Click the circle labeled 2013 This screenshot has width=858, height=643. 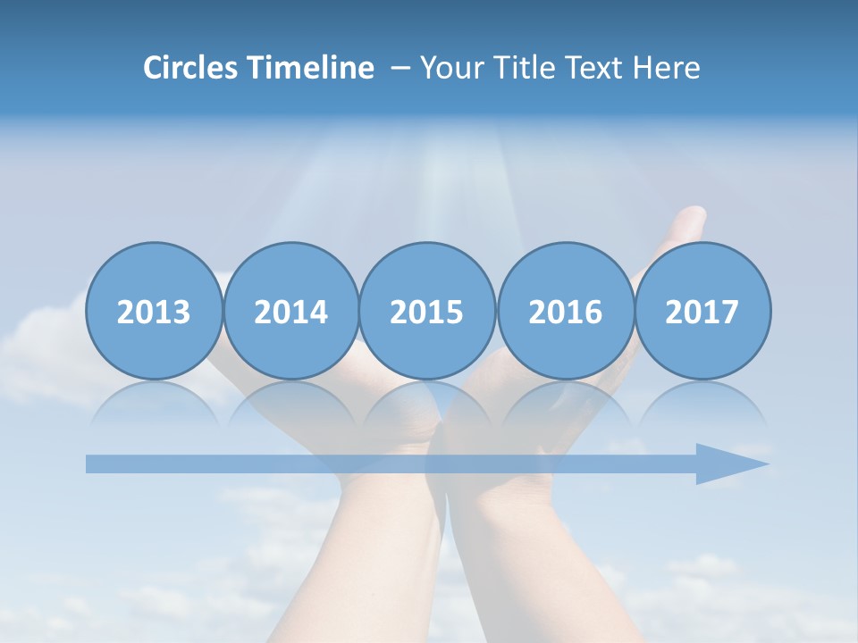coord(154,311)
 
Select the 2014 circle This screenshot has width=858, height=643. coord(290,311)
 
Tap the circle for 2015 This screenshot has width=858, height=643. coord(427,311)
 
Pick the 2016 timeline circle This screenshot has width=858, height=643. coord(565,311)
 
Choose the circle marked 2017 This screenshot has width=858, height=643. coord(702,311)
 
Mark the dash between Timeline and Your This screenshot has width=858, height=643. coord(401,68)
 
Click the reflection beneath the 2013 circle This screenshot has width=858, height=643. coord(154,402)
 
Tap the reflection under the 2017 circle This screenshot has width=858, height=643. coord(702,402)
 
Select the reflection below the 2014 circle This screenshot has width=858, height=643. coord(290,402)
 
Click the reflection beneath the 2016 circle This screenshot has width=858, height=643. coord(565,402)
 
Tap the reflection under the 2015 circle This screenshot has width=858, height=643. coord(427,402)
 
